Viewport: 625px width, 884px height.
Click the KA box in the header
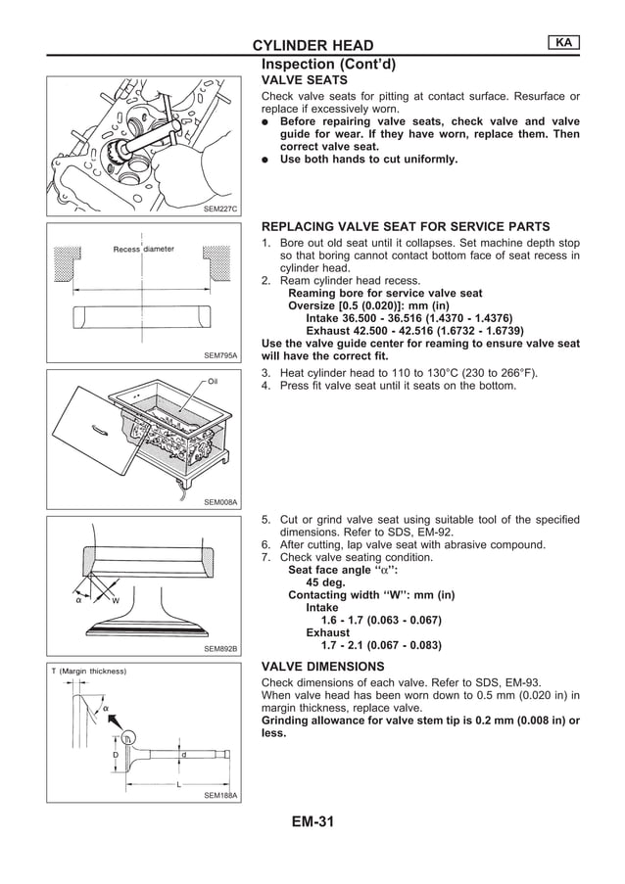[564, 42]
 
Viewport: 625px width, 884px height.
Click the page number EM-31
[312, 822]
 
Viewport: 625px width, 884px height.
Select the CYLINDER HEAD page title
[312, 46]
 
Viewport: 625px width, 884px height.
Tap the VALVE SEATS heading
[303, 79]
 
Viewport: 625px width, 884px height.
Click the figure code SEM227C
[220, 209]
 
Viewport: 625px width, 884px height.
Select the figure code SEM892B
[220, 648]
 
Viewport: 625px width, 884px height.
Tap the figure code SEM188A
[220, 795]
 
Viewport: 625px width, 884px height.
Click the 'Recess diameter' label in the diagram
[143, 250]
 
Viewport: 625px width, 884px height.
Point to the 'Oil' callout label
[213, 381]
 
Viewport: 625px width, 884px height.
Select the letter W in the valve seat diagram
[115, 600]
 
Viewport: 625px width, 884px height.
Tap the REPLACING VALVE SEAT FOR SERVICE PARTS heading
[406, 226]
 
